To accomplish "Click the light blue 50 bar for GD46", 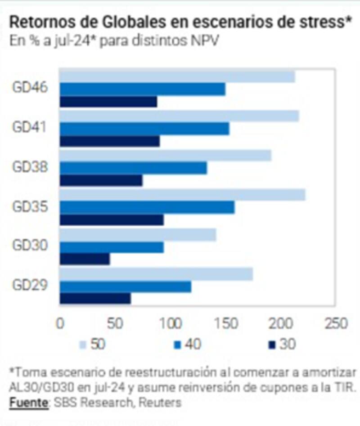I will click(x=177, y=76).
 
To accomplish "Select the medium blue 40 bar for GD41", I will click(x=144, y=128).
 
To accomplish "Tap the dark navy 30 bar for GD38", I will click(x=101, y=180).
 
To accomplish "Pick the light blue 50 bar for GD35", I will click(x=182, y=194).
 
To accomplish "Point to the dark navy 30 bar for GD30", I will click(x=85, y=259).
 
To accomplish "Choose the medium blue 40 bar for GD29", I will click(x=125, y=286).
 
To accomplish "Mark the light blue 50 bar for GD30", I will click(x=138, y=234).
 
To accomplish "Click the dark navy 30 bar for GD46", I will click(x=108, y=102).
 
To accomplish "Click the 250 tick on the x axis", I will click(x=335, y=324).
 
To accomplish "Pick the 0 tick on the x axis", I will click(x=60, y=324).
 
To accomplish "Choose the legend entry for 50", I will click(x=93, y=345).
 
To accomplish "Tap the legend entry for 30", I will click(x=281, y=345).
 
